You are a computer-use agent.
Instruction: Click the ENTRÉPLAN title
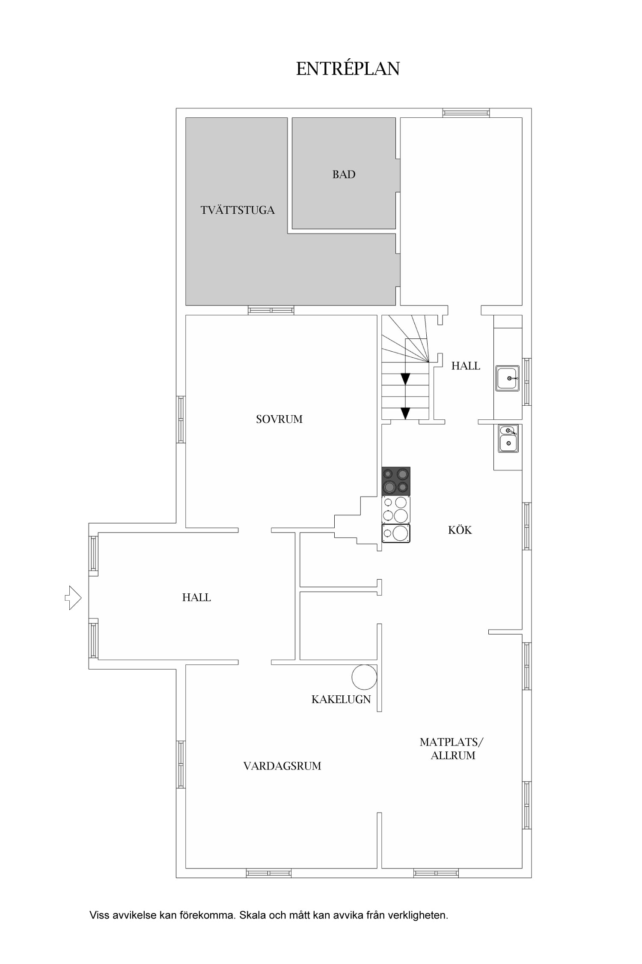[348, 69]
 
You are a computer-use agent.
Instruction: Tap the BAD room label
[344, 174]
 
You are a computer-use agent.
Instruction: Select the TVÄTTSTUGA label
[238, 210]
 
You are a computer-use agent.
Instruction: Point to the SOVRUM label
[279, 419]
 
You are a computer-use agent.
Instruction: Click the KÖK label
[460, 530]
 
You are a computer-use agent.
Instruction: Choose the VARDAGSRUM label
[282, 766]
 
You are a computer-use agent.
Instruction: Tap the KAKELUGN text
[341, 700]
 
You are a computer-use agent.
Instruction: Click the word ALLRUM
[453, 755]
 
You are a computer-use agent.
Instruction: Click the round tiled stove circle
[364, 677]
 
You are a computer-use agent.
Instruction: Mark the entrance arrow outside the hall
[73, 597]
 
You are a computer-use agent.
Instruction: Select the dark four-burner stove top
[396, 481]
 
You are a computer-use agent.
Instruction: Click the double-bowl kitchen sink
[508, 438]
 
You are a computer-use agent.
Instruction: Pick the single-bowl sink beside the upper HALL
[508, 378]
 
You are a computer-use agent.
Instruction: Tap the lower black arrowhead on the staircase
[405, 413]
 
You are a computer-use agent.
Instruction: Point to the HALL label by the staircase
[466, 366]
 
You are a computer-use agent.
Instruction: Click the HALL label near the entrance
[196, 597]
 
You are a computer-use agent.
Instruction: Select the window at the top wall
[466, 113]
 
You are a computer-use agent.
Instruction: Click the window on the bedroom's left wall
[181, 419]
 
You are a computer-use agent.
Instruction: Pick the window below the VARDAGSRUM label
[269, 873]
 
